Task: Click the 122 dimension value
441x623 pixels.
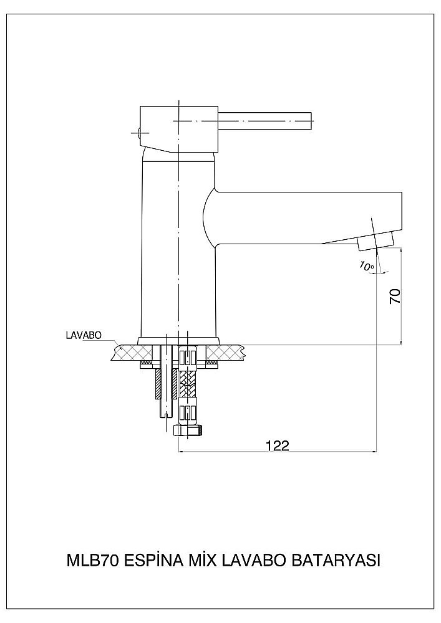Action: [x=277, y=445]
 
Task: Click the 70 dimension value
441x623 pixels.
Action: [x=395, y=297]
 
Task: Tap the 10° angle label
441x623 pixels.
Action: [x=367, y=266]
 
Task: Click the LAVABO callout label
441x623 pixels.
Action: [x=84, y=335]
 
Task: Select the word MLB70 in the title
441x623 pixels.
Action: [x=92, y=561]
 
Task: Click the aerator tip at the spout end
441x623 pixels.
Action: [x=376, y=242]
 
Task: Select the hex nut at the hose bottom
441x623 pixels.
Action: [x=188, y=430]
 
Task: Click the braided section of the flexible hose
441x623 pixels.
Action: [x=188, y=384]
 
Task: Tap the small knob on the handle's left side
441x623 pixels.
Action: [x=137, y=133]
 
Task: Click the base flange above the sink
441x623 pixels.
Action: [x=178, y=341]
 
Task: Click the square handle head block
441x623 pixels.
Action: [x=178, y=129]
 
